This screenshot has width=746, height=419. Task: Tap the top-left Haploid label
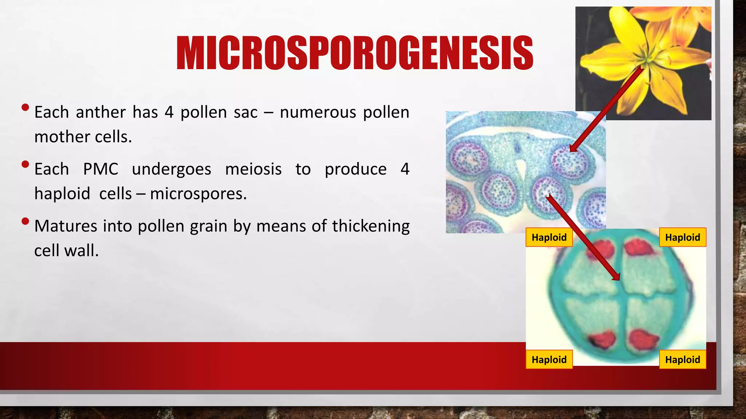[x=549, y=238]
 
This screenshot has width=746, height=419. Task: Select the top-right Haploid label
[x=682, y=238]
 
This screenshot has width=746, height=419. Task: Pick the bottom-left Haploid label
[x=549, y=360]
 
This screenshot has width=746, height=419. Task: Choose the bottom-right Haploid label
[x=682, y=360]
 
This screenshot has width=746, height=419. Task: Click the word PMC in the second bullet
[x=101, y=169]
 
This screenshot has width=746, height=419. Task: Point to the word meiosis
[x=253, y=169]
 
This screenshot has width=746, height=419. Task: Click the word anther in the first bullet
[x=101, y=112]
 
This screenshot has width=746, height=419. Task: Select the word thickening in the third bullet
[x=370, y=226]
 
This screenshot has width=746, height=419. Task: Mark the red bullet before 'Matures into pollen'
[x=25, y=221]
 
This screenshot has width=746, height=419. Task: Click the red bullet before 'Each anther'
[x=25, y=107]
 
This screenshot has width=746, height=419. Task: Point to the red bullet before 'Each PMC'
[x=25, y=164]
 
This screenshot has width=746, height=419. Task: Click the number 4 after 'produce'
[x=405, y=169]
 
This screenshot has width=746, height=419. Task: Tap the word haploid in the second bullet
[x=62, y=194]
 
